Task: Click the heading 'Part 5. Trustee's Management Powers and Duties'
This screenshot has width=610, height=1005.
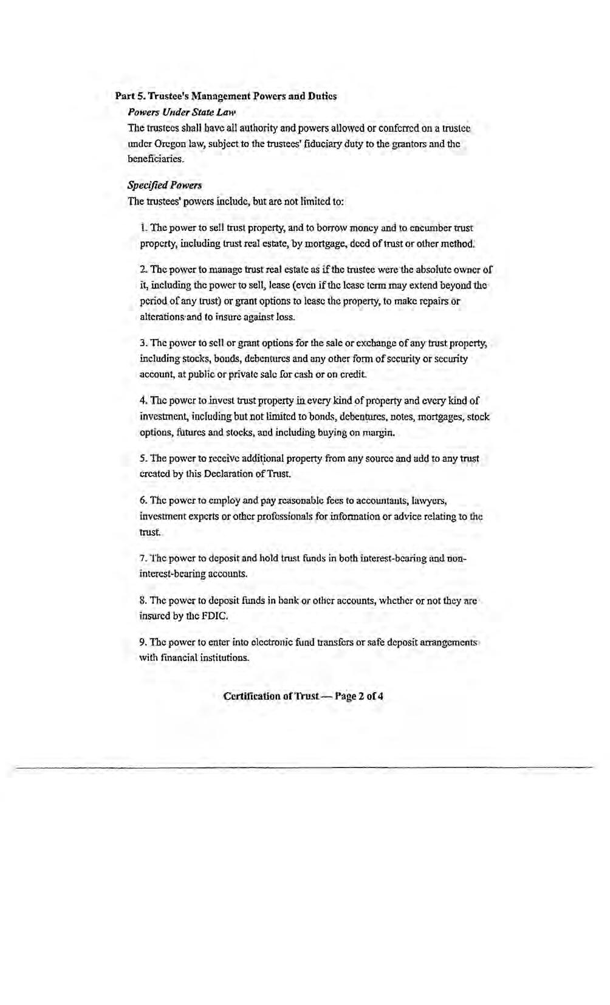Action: pos(226,96)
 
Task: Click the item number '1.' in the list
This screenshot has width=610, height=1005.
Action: pos(143,228)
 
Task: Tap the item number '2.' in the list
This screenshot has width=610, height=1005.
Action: pos(143,269)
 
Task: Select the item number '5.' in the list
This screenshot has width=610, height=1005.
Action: pos(143,458)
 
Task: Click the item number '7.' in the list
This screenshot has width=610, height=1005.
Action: pos(143,558)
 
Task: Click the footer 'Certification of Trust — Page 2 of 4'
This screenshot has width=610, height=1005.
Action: pos(303,696)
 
